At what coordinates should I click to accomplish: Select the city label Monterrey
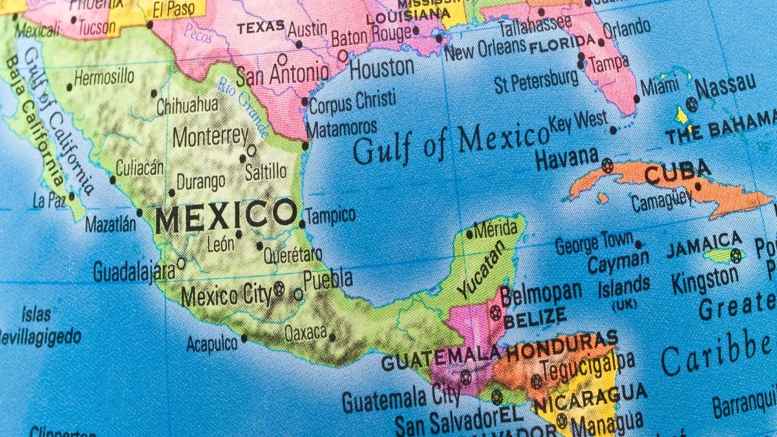[210, 136]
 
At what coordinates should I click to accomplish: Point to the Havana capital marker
[607, 164]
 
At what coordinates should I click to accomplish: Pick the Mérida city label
[495, 229]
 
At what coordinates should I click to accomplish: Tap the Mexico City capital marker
[279, 290]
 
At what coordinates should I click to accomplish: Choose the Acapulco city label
[212, 344]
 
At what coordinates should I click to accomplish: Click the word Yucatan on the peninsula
[481, 269]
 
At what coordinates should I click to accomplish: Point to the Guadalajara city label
[134, 271]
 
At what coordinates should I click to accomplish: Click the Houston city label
[381, 69]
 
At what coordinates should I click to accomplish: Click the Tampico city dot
[302, 224]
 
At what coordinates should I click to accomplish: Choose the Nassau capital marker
[691, 104]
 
